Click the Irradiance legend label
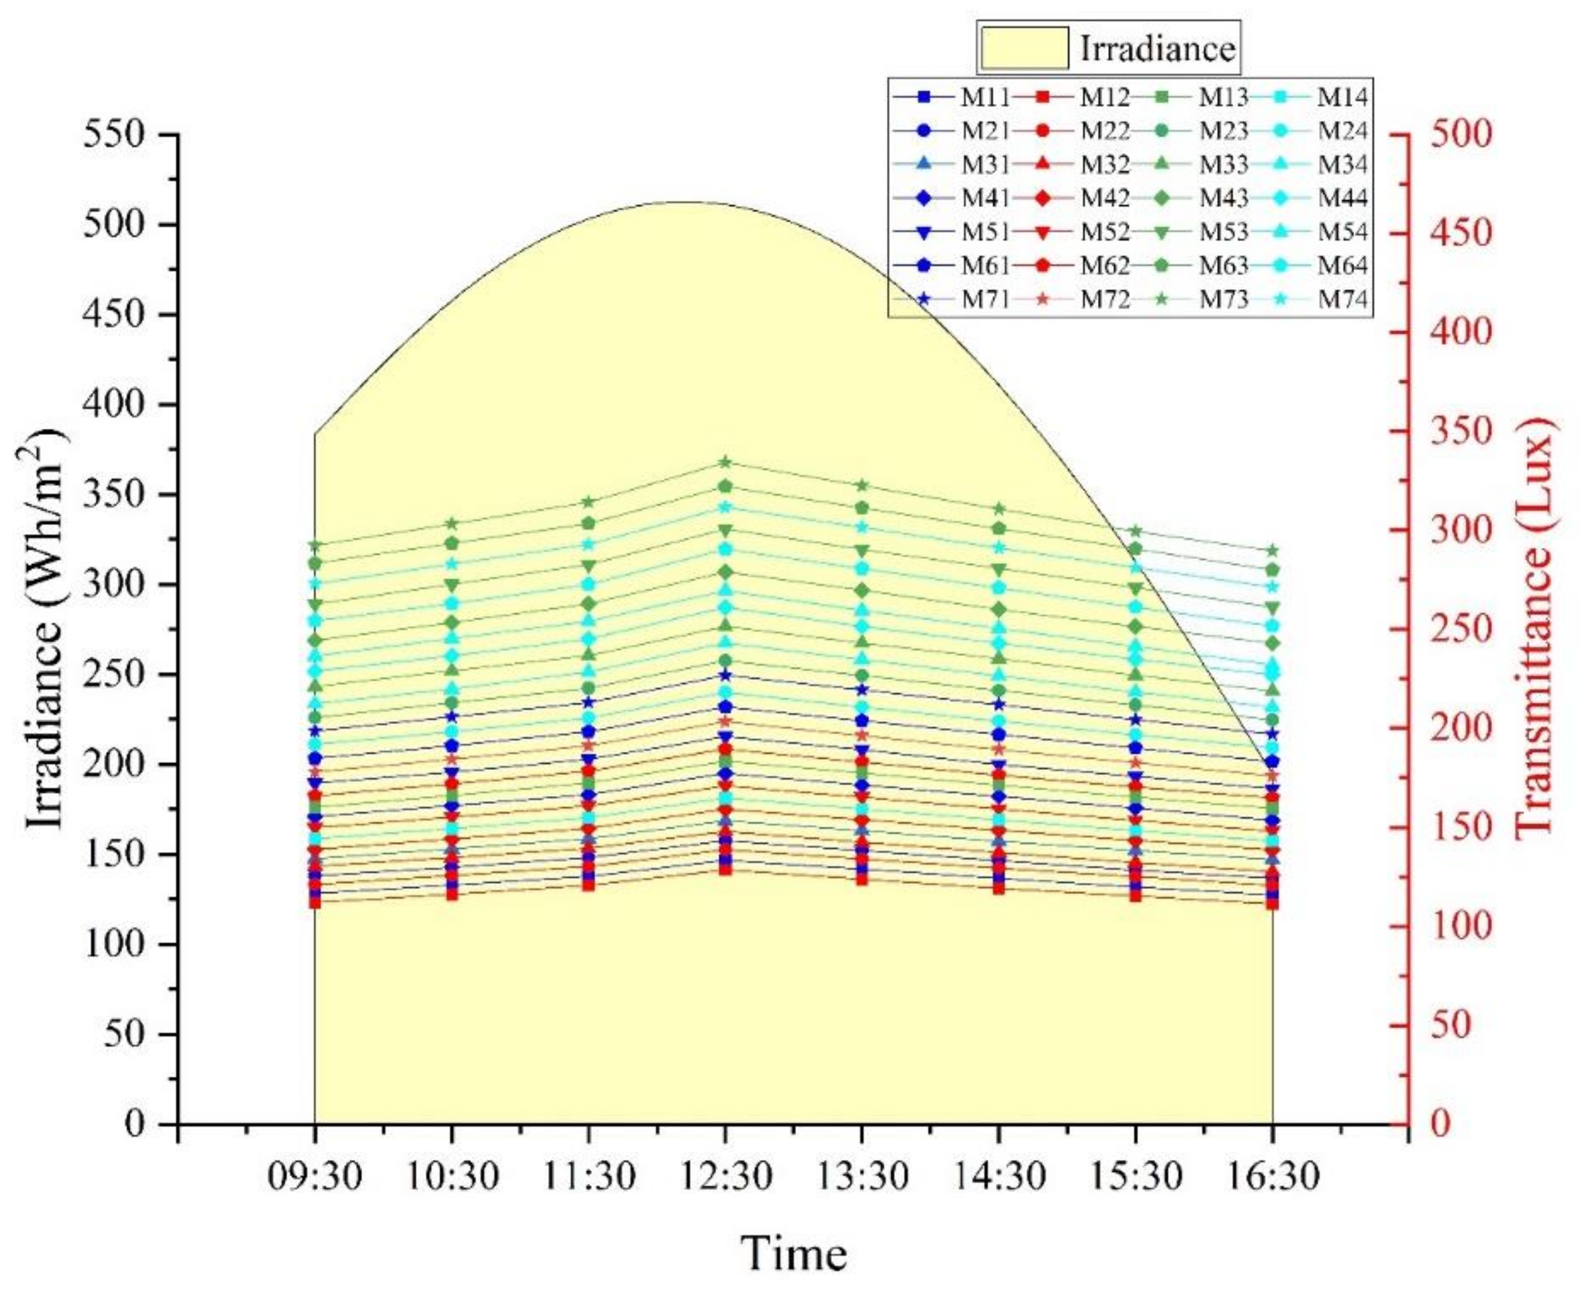[1157, 49]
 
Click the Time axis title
[793, 1253]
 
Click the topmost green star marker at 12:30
[725, 462]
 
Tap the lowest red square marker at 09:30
[314, 903]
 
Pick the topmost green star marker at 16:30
[1273, 551]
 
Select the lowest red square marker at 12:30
[725, 869]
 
